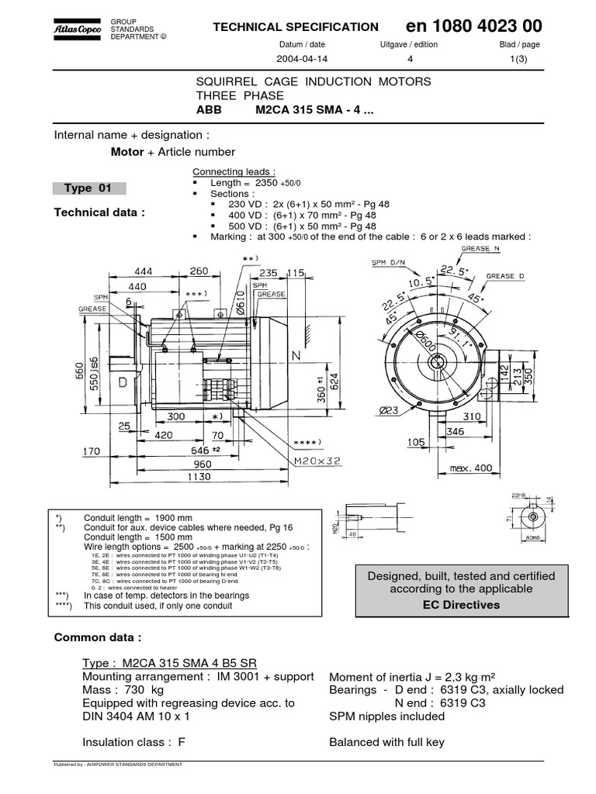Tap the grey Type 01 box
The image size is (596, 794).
click(x=88, y=188)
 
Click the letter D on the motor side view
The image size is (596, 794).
click(x=123, y=383)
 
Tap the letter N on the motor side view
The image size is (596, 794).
click(x=296, y=355)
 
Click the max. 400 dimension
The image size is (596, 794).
click(x=471, y=468)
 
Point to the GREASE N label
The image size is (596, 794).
click(x=486, y=249)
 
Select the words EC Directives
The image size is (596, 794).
click(x=461, y=604)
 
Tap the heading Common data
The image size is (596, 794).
click(x=97, y=637)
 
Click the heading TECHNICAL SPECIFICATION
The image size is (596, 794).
click(x=296, y=27)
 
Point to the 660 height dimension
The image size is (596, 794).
click(x=78, y=373)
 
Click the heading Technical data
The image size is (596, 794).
click(x=99, y=212)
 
